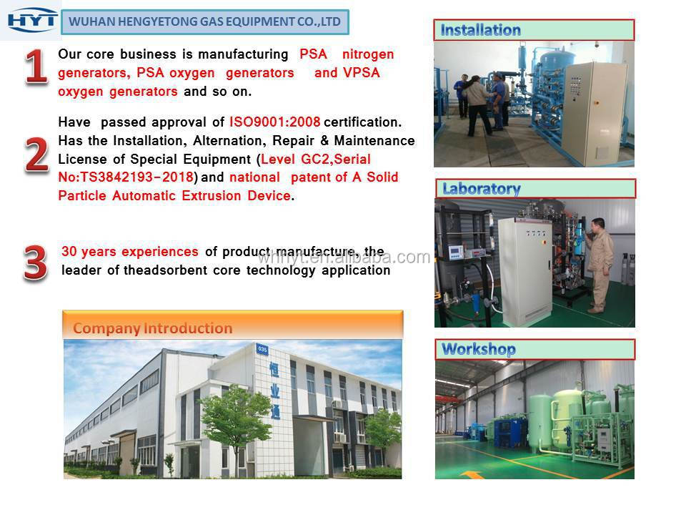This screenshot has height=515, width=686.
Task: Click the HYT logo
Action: click(32, 21)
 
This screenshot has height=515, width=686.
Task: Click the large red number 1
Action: click(36, 66)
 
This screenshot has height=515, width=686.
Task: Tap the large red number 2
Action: click(36, 154)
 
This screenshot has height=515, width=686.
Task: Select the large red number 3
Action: click(36, 262)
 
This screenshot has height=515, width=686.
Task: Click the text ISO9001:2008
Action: click(274, 122)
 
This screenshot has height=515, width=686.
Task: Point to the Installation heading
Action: click(480, 30)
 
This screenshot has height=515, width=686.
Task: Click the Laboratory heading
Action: click(481, 189)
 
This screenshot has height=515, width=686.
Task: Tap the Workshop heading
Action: click(479, 349)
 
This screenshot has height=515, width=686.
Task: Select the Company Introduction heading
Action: click(153, 328)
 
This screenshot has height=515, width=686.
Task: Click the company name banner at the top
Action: click(205, 22)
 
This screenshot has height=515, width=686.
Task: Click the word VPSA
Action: click(362, 73)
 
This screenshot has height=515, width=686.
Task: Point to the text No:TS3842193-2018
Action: click(126, 177)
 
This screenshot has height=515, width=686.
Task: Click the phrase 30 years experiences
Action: click(130, 251)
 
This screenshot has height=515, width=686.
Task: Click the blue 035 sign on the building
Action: click(262, 349)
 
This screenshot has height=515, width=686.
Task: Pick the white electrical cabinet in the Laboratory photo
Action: click(525, 272)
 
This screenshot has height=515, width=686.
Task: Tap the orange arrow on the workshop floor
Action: click(471, 475)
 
